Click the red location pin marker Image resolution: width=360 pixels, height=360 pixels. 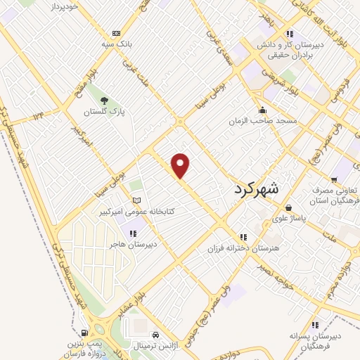coord(181,165)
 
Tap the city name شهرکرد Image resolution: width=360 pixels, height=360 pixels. coord(255,188)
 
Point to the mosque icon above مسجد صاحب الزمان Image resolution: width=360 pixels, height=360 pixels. coord(263,110)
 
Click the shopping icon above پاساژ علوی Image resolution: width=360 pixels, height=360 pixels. coord(289,208)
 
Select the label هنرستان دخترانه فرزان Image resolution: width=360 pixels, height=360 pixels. coord(243,248)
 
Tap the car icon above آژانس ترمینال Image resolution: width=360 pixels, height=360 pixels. coord(155,335)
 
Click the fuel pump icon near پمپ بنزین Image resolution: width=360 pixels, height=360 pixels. coord(85,333)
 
